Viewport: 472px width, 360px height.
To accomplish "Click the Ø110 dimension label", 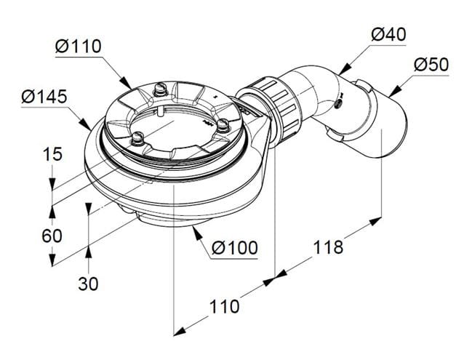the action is click(x=79, y=47).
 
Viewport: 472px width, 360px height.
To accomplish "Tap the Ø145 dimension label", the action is click(x=44, y=97).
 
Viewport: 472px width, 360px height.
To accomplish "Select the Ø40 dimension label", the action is click(x=388, y=35).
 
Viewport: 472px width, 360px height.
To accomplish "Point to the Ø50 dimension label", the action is click(x=431, y=65).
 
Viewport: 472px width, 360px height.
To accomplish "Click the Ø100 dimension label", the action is click(x=235, y=248).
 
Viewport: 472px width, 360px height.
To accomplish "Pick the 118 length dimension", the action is click(x=328, y=247).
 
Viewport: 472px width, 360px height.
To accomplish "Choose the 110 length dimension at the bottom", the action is click(x=224, y=307).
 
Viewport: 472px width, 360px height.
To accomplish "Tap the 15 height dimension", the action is click(x=52, y=154).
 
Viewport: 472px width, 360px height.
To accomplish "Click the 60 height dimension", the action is click(x=52, y=236).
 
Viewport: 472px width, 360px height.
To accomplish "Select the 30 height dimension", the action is click(x=88, y=284).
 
